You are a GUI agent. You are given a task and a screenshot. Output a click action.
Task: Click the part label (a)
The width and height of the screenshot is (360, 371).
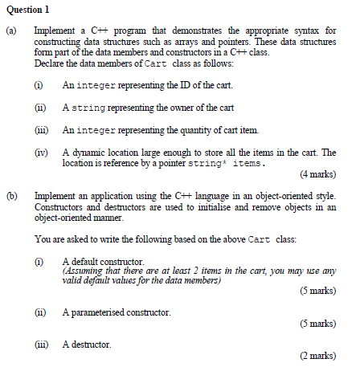(x=11, y=31)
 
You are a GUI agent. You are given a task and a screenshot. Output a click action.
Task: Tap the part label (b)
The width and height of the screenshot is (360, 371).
(x=11, y=195)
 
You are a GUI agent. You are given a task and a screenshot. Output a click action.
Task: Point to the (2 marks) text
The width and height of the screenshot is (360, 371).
(x=317, y=355)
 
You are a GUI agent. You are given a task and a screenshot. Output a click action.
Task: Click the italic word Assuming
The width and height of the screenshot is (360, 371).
(x=80, y=271)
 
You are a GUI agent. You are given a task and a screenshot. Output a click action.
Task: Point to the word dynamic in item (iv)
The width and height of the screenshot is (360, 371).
(x=88, y=152)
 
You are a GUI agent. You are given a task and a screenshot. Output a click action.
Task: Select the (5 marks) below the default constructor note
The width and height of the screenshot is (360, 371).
(x=317, y=291)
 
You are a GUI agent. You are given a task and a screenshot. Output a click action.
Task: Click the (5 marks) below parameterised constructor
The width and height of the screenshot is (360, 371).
(x=317, y=323)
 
